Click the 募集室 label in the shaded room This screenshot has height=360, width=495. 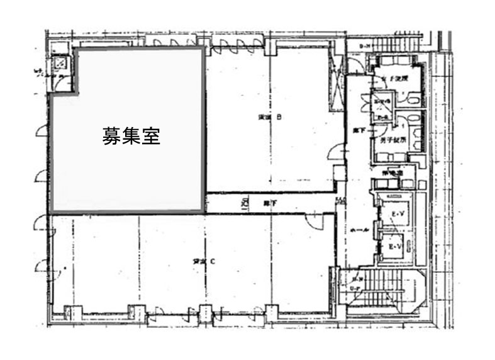131,135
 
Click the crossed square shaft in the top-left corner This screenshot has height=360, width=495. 61,62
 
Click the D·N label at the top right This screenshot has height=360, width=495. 364,47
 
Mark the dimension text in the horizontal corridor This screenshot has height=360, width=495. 243,203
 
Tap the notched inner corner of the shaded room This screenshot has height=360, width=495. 77,94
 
